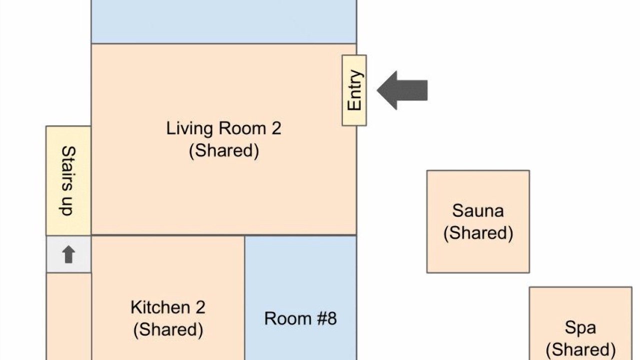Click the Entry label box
tap(354, 90)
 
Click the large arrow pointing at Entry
tap(402, 90)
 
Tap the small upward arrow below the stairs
tap(68, 254)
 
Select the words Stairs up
tap(68, 181)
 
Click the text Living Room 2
tap(223, 128)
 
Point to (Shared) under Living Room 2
tap(224, 150)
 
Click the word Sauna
tap(478, 211)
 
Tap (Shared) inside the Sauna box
tap(478, 233)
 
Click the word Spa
tap(580, 328)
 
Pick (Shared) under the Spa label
tap(580, 349)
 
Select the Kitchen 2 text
tap(168, 307)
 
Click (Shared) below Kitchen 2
tap(168, 329)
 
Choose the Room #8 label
tap(300, 318)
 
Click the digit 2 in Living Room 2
tap(276, 128)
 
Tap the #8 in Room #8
tap(327, 318)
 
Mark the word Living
tap(189, 128)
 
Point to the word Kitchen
tap(160, 307)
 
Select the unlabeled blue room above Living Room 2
tap(223, 21)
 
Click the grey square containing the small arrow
tap(68, 254)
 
